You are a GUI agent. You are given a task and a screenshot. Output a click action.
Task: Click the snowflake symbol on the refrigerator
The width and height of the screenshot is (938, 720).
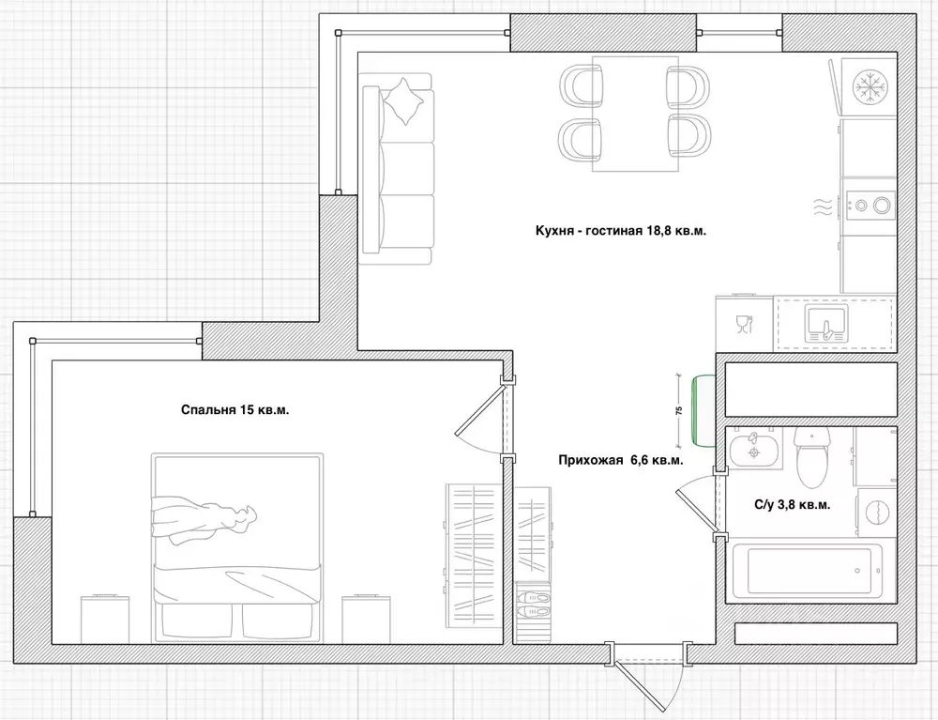pyautogui.click(x=870, y=86)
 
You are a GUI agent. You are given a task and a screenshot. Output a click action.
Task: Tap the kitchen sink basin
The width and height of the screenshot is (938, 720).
pyautogui.click(x=826, y=321)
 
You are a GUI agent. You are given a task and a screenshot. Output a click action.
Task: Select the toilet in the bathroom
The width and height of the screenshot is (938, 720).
pyautogui.click(x=811, y=456)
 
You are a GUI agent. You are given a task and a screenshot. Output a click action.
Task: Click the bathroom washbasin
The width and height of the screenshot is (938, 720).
pyautogui.click(x=755, y=448)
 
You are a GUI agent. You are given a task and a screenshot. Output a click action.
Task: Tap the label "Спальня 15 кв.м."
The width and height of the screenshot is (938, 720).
pyautogui.click(x=235, y=410)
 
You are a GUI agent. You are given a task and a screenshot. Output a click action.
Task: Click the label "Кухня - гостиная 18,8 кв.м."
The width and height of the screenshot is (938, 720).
pyautogui.click(x=621, y=231)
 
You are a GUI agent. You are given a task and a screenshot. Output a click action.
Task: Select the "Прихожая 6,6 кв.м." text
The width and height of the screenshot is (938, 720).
pyautogui.click(x=621, y=460)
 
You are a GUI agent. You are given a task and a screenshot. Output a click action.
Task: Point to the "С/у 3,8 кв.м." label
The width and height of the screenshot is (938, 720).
pyautogui.click(x=792, y=504)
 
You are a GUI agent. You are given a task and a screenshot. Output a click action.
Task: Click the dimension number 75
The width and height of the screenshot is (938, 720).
pyautogui.click(x=678, y=410)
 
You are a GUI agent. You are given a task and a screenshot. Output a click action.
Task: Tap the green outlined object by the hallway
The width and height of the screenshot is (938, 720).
pyautogui.click(x=703, y=410)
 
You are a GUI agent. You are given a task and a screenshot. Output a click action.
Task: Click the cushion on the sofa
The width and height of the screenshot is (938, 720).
pyautogui.click(x=405, y=101)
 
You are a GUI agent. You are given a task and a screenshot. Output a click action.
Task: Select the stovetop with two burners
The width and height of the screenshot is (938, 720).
pyautogui.click(x=870, y=206)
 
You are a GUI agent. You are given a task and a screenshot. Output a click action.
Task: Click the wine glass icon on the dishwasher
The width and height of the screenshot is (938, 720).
pyautogui.click(x=744, y=324)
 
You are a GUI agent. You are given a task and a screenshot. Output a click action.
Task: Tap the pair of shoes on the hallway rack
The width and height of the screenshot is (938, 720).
pyautogui.click(x=533, y=604)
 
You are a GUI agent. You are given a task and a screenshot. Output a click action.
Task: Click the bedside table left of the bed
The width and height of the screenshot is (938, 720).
pyautogui.click(x=105, y=619)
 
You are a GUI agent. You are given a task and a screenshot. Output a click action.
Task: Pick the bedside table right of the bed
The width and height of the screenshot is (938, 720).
pyautogui.click(x=366, y=619)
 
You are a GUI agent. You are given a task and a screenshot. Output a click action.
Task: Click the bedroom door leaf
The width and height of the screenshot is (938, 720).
pyautogui.click(x=478, y=407)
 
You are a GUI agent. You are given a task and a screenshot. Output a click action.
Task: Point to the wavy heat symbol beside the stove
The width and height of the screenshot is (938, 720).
pyautogui.click(x=823, y=207)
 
